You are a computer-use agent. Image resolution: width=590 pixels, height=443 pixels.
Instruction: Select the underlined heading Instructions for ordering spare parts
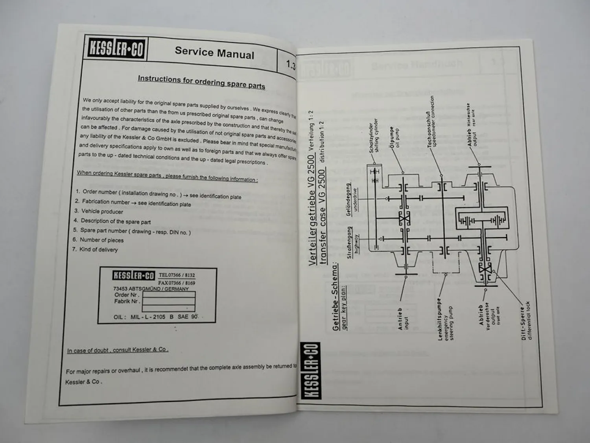pyautogui.click(x=201, y=82)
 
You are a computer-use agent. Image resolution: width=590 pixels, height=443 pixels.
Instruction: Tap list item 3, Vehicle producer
pyautogui.click(x=101, y=211)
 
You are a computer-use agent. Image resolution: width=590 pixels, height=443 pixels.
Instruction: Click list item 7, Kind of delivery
pyautogui.click(x=98, y=249)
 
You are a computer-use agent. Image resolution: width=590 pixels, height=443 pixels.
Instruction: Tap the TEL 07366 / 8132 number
pyautogui.click(x=177, y=275)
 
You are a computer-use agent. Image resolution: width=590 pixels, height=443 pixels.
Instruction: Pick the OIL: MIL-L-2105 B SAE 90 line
pyautogui.click(x=156, y=317)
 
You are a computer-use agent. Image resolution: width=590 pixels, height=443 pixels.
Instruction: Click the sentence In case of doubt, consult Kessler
pyautogui.click(x=118, y=350)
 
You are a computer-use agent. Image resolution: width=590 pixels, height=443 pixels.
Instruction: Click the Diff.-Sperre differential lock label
pyautogui.click(x=526, y=321)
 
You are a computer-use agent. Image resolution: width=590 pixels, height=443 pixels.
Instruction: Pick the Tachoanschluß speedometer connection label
pyautogui.click(x=432, y=122)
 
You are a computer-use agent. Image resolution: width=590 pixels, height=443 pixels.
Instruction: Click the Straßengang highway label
pyautogui.click(x=353, y=242)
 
